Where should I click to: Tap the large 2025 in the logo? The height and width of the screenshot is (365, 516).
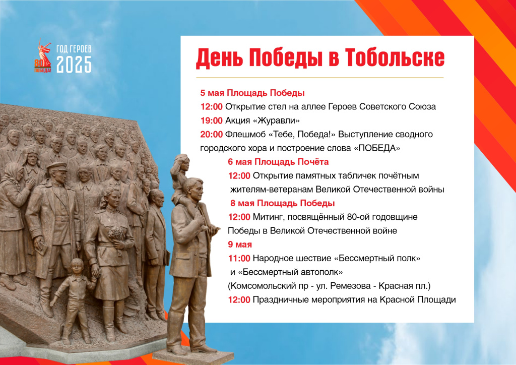point(74,64)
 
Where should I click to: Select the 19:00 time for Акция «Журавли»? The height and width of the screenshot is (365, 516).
point(212,120)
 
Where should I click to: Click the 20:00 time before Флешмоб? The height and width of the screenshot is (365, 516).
point(212,134)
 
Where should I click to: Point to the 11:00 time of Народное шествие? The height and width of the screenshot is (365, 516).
point(239,258)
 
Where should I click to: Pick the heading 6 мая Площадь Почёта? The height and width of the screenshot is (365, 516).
point(278,162)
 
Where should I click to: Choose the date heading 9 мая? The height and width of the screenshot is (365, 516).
point(240,245)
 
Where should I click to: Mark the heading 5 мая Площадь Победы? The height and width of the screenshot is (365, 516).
point(252,93)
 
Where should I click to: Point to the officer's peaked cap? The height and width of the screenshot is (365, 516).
point(57,166)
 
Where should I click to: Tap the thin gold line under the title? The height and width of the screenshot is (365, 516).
point(320,78)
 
